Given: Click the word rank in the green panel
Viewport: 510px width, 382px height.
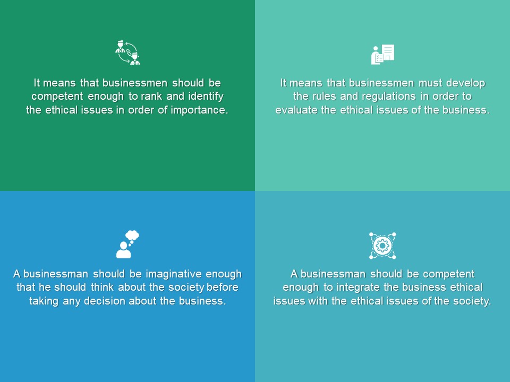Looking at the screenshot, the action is click(x=151, y=96).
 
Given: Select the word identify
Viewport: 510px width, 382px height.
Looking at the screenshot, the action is click(x=206, y=97).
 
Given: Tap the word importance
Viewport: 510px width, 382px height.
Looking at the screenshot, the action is click(x=199, y=110).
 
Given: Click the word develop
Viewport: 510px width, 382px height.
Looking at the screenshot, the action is click(x=466, y=83).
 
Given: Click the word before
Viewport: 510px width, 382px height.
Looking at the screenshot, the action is click(x=223, y=287).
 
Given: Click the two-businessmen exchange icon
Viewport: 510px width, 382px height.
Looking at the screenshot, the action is click(x=128, y=53).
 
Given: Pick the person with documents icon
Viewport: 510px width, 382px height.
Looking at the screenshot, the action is click(x=382, y=55).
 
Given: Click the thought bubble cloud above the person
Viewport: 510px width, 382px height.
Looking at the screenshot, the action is click(x=132, y=235).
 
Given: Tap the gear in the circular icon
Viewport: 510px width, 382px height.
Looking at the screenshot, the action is click(x=382, y=246).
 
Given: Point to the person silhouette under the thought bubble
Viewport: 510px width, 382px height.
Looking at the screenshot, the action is click(x=124, y=250).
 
